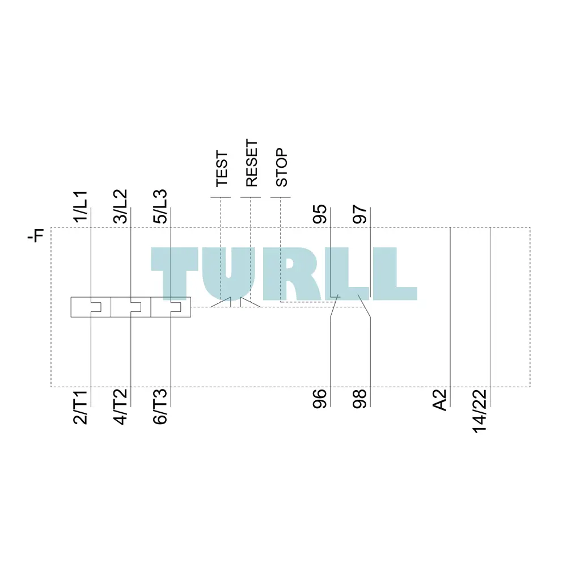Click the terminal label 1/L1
pos(81,206)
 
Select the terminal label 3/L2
pos(120,206)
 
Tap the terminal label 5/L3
pos(160,206)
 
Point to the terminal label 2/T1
pos(81,407)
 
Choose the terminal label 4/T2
pos(120,406)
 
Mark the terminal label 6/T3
pos(160,406)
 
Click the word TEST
pos(222,169)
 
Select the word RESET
pos(252,163)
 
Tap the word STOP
pos(282,167)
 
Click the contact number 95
pos(320,214)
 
